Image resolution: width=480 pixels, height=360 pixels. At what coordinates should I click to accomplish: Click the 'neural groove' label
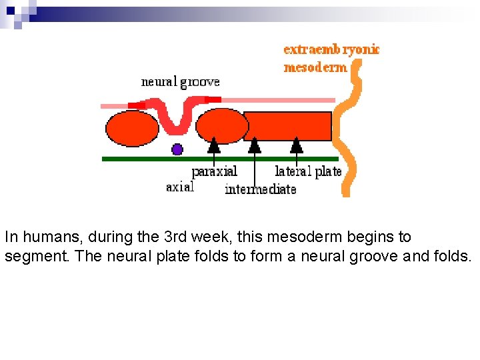(x=180, y=82)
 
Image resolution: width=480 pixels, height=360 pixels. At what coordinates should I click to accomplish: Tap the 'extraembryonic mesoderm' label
(x=331, y=58)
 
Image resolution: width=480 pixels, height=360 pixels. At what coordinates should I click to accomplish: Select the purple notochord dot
(x=177, y=149)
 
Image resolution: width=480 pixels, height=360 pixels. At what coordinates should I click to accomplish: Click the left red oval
(x=132, y=128)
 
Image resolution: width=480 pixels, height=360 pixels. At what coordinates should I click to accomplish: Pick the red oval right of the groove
(x=221, y=126)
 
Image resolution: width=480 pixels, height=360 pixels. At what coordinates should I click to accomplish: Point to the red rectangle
(x=289, y=126)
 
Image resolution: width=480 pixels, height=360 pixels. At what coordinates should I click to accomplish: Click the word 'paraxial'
(x=214, y=171)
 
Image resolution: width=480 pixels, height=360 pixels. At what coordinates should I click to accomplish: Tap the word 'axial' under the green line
(x=180, y=187)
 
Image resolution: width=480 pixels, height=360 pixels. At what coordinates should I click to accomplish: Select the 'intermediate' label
(x=260, y=189)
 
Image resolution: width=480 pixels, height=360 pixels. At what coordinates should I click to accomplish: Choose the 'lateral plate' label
(x=308, y=171)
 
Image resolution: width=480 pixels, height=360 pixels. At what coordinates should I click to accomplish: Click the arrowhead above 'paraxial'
(x=214, y=145)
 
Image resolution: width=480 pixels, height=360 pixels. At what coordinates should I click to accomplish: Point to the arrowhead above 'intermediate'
(x=255, y=145)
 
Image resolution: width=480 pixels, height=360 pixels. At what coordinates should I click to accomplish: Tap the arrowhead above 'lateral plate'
(x=297, y=145)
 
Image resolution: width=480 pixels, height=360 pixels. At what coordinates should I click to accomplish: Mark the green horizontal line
(x=220, y=159)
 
